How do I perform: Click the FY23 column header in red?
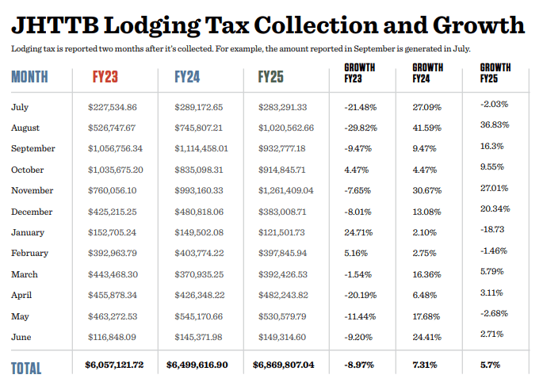(106, 78)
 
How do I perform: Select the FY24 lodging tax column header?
(187, 78)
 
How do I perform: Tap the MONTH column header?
(29, 78)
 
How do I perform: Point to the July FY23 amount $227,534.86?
(113, 107)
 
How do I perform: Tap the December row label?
(32, 212)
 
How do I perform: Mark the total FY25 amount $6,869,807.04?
(283, 365)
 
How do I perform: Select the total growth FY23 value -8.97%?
(361, 365)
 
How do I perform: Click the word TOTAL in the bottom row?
(27, 367)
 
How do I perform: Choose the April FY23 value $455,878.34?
(113, 296)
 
